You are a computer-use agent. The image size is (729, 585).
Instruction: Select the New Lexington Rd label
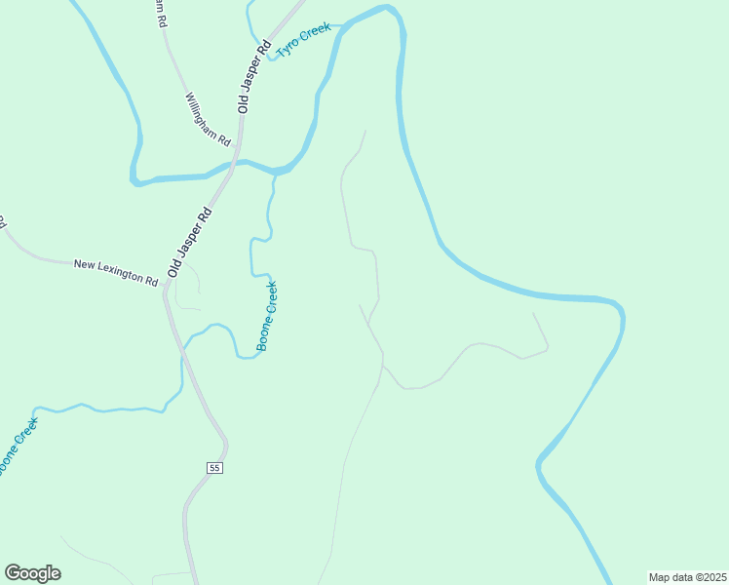pyautogui.click(x=115, y=272)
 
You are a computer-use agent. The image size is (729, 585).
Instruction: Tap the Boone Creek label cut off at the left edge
pyautogui.click(x=17, y=447)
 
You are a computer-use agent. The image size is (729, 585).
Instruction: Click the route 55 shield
pyautogui.click(x=215, y=468)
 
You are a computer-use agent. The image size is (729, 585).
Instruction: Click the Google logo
pyautogui.click(x=32, y=573)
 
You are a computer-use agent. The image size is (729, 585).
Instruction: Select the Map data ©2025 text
pyautogui.click(x=687, y=577)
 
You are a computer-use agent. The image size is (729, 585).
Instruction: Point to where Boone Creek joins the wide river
pyautogui.click(x=275, y=174)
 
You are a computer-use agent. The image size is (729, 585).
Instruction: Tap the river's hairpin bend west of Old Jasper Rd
pyautogui.click(x=134, y=179)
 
